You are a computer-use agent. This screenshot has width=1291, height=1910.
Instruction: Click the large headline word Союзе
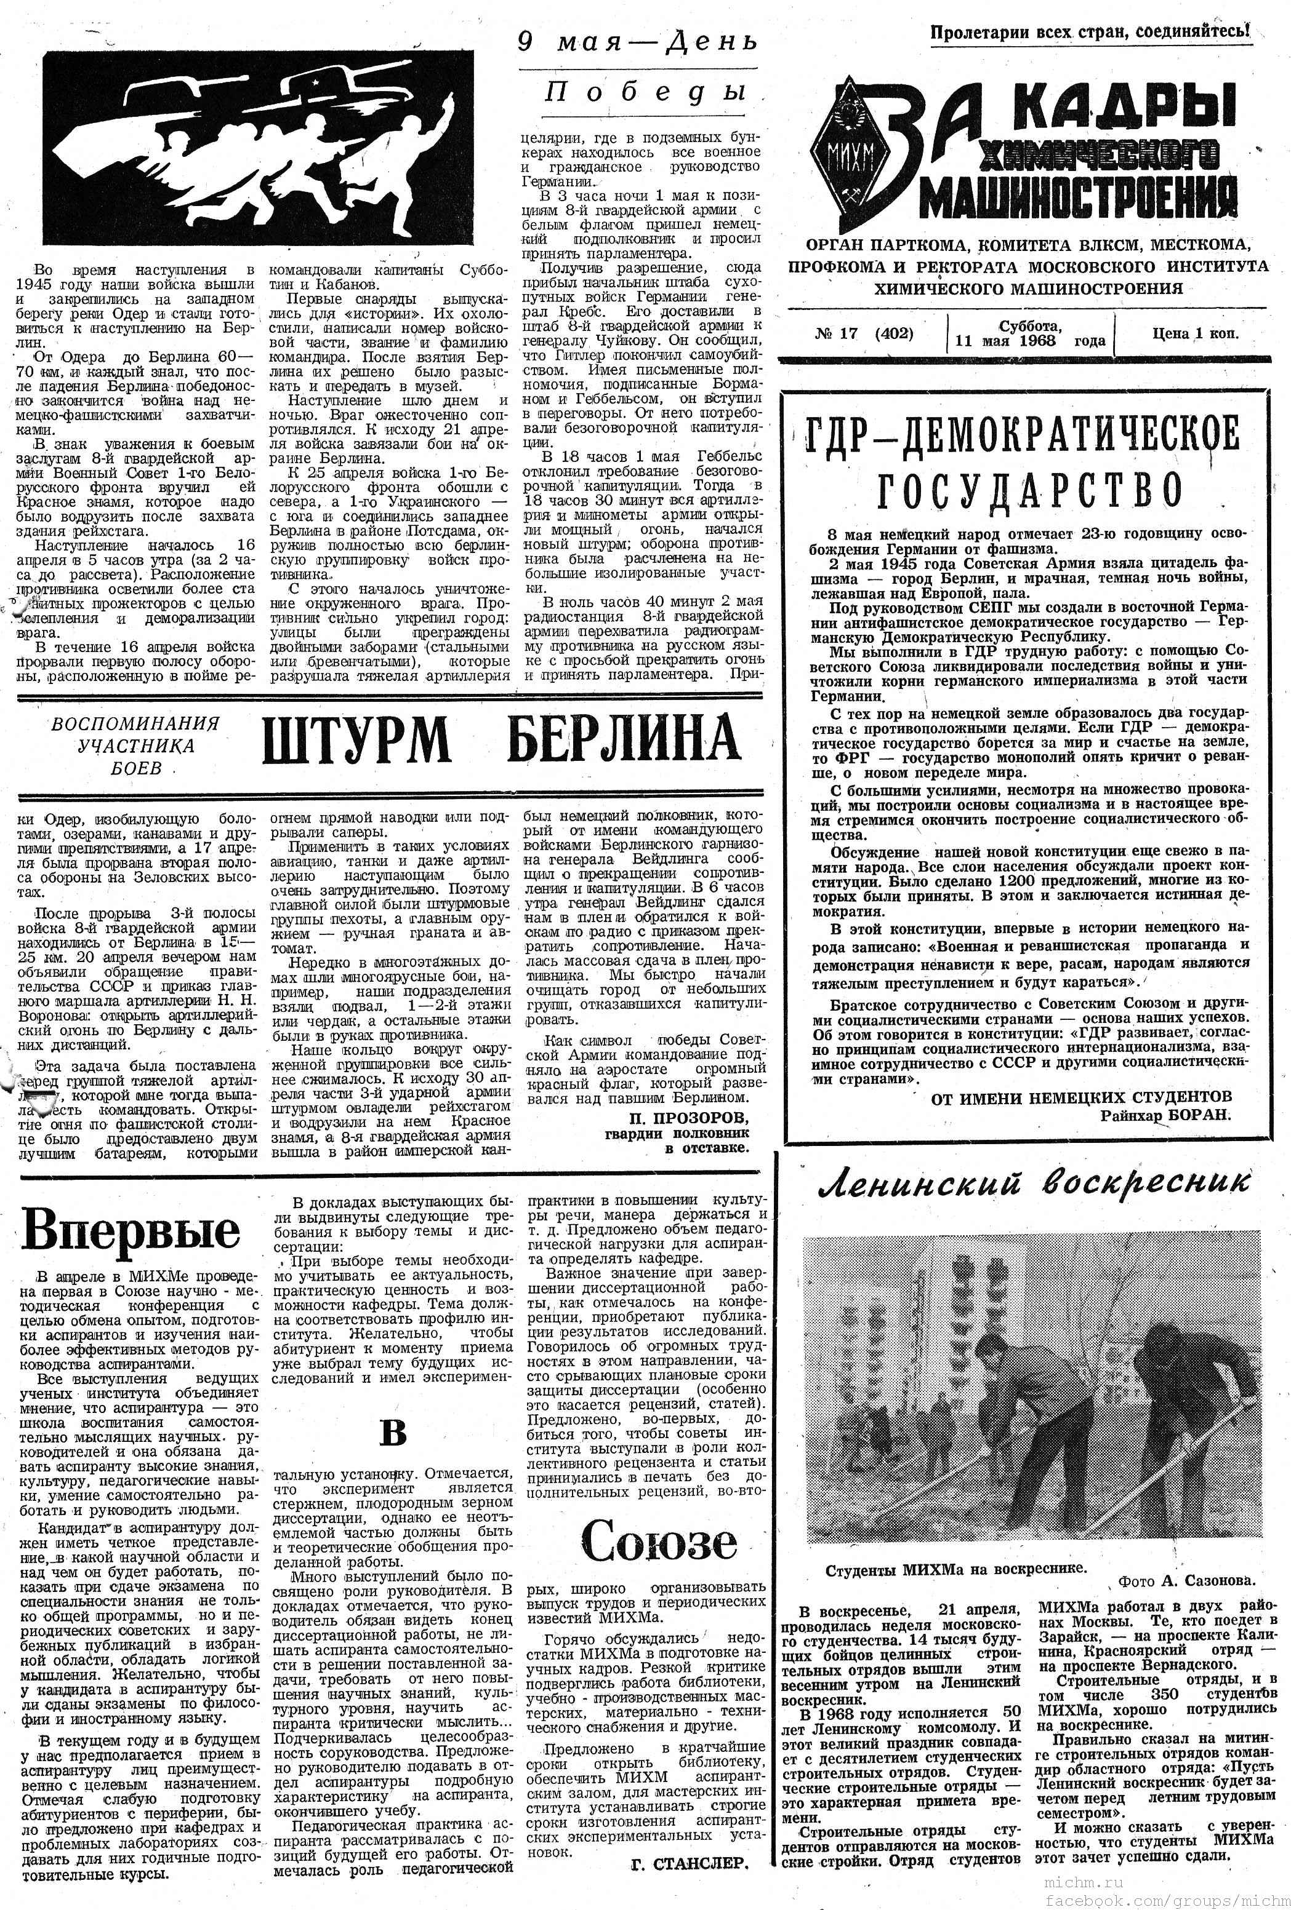659,1542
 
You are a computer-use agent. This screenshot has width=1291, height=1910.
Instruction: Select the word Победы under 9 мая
645,92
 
